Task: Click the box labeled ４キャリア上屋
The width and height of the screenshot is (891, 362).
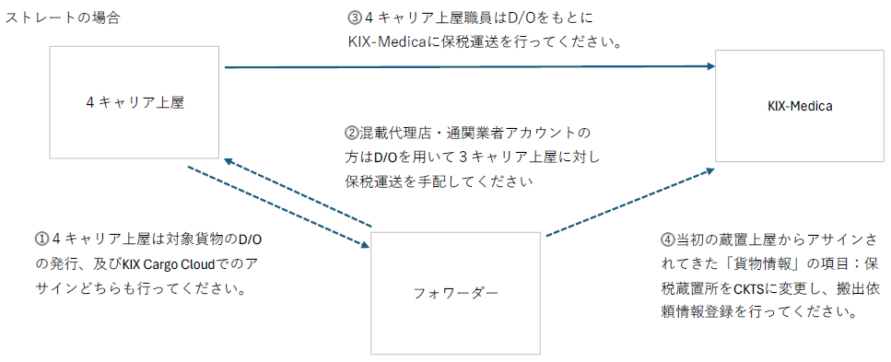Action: [135, 103]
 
